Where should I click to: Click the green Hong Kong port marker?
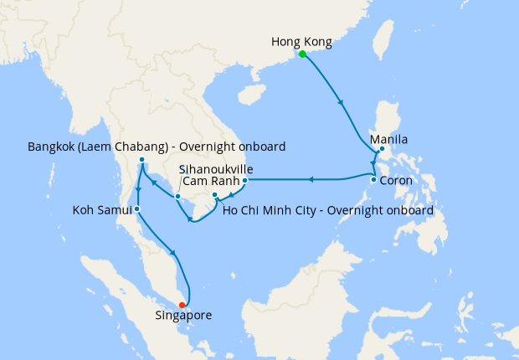click(x=301, y=54)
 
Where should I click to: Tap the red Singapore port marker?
click(x=182, y=305)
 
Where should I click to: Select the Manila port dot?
click(x=382, y=150)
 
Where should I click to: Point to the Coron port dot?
click(x=373, y=179)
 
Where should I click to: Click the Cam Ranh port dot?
click(x=244, y=180)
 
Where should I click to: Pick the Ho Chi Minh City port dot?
click(x=215, y=195)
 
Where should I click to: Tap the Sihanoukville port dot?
click(x=177, y=197)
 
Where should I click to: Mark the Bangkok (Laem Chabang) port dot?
click(x=142, y=159)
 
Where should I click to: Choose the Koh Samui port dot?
click(x=136, y=208)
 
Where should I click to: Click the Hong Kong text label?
click(x=302, y=41)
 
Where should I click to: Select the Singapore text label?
click(x=183, y=316)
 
